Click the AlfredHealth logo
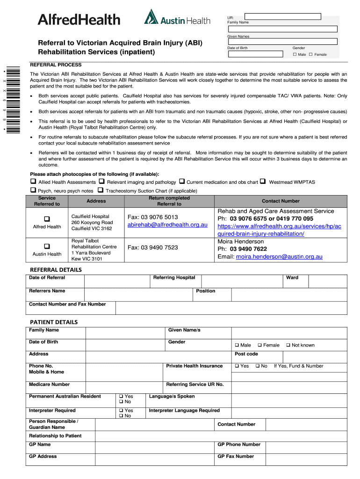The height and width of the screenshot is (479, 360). coord(79,20)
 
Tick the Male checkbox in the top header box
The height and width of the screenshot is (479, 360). coord(295,55)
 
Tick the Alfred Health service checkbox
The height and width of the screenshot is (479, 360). coord(47,218)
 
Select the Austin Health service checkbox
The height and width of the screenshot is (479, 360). coord(47,246)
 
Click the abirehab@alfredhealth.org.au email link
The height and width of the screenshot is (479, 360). coord(167,225)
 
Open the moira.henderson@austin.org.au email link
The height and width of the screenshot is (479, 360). coord(279,257)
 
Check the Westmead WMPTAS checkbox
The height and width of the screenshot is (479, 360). coord(263,181)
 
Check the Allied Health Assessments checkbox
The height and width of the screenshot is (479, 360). coord(33,181)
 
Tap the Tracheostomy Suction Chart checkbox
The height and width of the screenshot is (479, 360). coord(101,190)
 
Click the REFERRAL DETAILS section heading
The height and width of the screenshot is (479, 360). coord(56,270)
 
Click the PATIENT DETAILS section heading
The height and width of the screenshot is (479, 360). coord(54,322)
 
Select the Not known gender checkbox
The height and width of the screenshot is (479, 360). coord(288,345)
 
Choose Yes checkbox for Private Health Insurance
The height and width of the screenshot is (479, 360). coord(237,366)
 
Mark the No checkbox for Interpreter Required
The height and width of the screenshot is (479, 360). coord(122,416)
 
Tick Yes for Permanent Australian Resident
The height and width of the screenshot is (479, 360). coord(122,396)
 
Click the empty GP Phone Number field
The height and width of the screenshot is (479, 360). coord(306,445)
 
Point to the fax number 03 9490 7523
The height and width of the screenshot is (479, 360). coord(152,247)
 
